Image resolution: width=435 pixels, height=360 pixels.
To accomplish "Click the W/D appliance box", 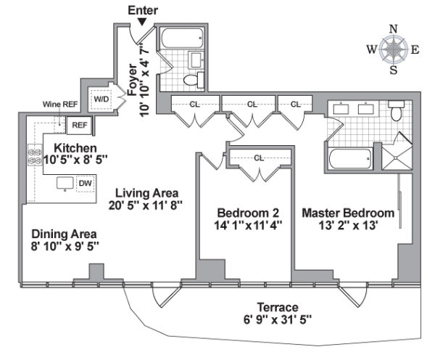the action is (x=100, y=99).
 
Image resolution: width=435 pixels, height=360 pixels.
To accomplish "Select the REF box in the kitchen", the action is (x=78, y=126).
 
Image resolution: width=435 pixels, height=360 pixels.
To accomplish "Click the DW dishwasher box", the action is (x=85, y=183).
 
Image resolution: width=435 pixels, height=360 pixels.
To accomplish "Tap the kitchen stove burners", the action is (x=33, y=157).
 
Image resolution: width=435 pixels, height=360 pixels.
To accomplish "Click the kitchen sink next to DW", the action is (x=65, y=183).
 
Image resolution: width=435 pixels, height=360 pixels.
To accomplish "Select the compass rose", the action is (x=394, y=49).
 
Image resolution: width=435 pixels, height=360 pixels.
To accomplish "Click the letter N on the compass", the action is (x=394, y=29).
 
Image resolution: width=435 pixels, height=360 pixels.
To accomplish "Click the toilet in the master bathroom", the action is (x=396, y=112).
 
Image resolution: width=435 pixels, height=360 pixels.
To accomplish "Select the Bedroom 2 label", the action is (x=249, y=213).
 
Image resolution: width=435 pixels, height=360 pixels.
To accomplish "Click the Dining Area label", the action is (x=64, y=234).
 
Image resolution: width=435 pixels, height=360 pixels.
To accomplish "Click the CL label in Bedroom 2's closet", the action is (x=258, y=157).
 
